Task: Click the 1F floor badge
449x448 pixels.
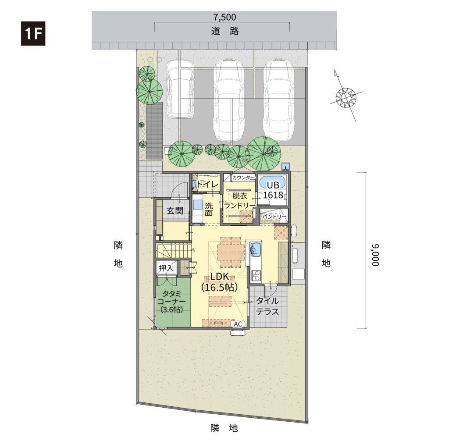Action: (33, 33)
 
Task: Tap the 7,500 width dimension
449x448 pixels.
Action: (225, 17)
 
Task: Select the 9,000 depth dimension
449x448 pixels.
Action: (375, 255)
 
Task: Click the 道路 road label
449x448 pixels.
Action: (225, 31)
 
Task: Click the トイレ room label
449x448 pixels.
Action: (207, 184)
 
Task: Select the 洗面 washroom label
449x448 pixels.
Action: (209, 209)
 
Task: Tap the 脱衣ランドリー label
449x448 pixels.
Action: (239, 201)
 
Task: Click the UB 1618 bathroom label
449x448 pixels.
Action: (273, 190)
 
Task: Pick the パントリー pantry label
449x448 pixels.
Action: (274, 217)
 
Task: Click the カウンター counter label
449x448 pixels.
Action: (243, 178)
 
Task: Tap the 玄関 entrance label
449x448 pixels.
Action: (175, 211)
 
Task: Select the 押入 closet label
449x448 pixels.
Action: (166, 268)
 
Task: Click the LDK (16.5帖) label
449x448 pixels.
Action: (220, 282)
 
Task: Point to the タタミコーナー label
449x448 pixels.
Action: (172, 302)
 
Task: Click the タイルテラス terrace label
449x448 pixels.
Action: (267, 306)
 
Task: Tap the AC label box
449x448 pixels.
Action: (238, 324)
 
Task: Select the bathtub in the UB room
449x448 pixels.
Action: (272, 181)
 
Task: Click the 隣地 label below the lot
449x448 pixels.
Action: (224, 428)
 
